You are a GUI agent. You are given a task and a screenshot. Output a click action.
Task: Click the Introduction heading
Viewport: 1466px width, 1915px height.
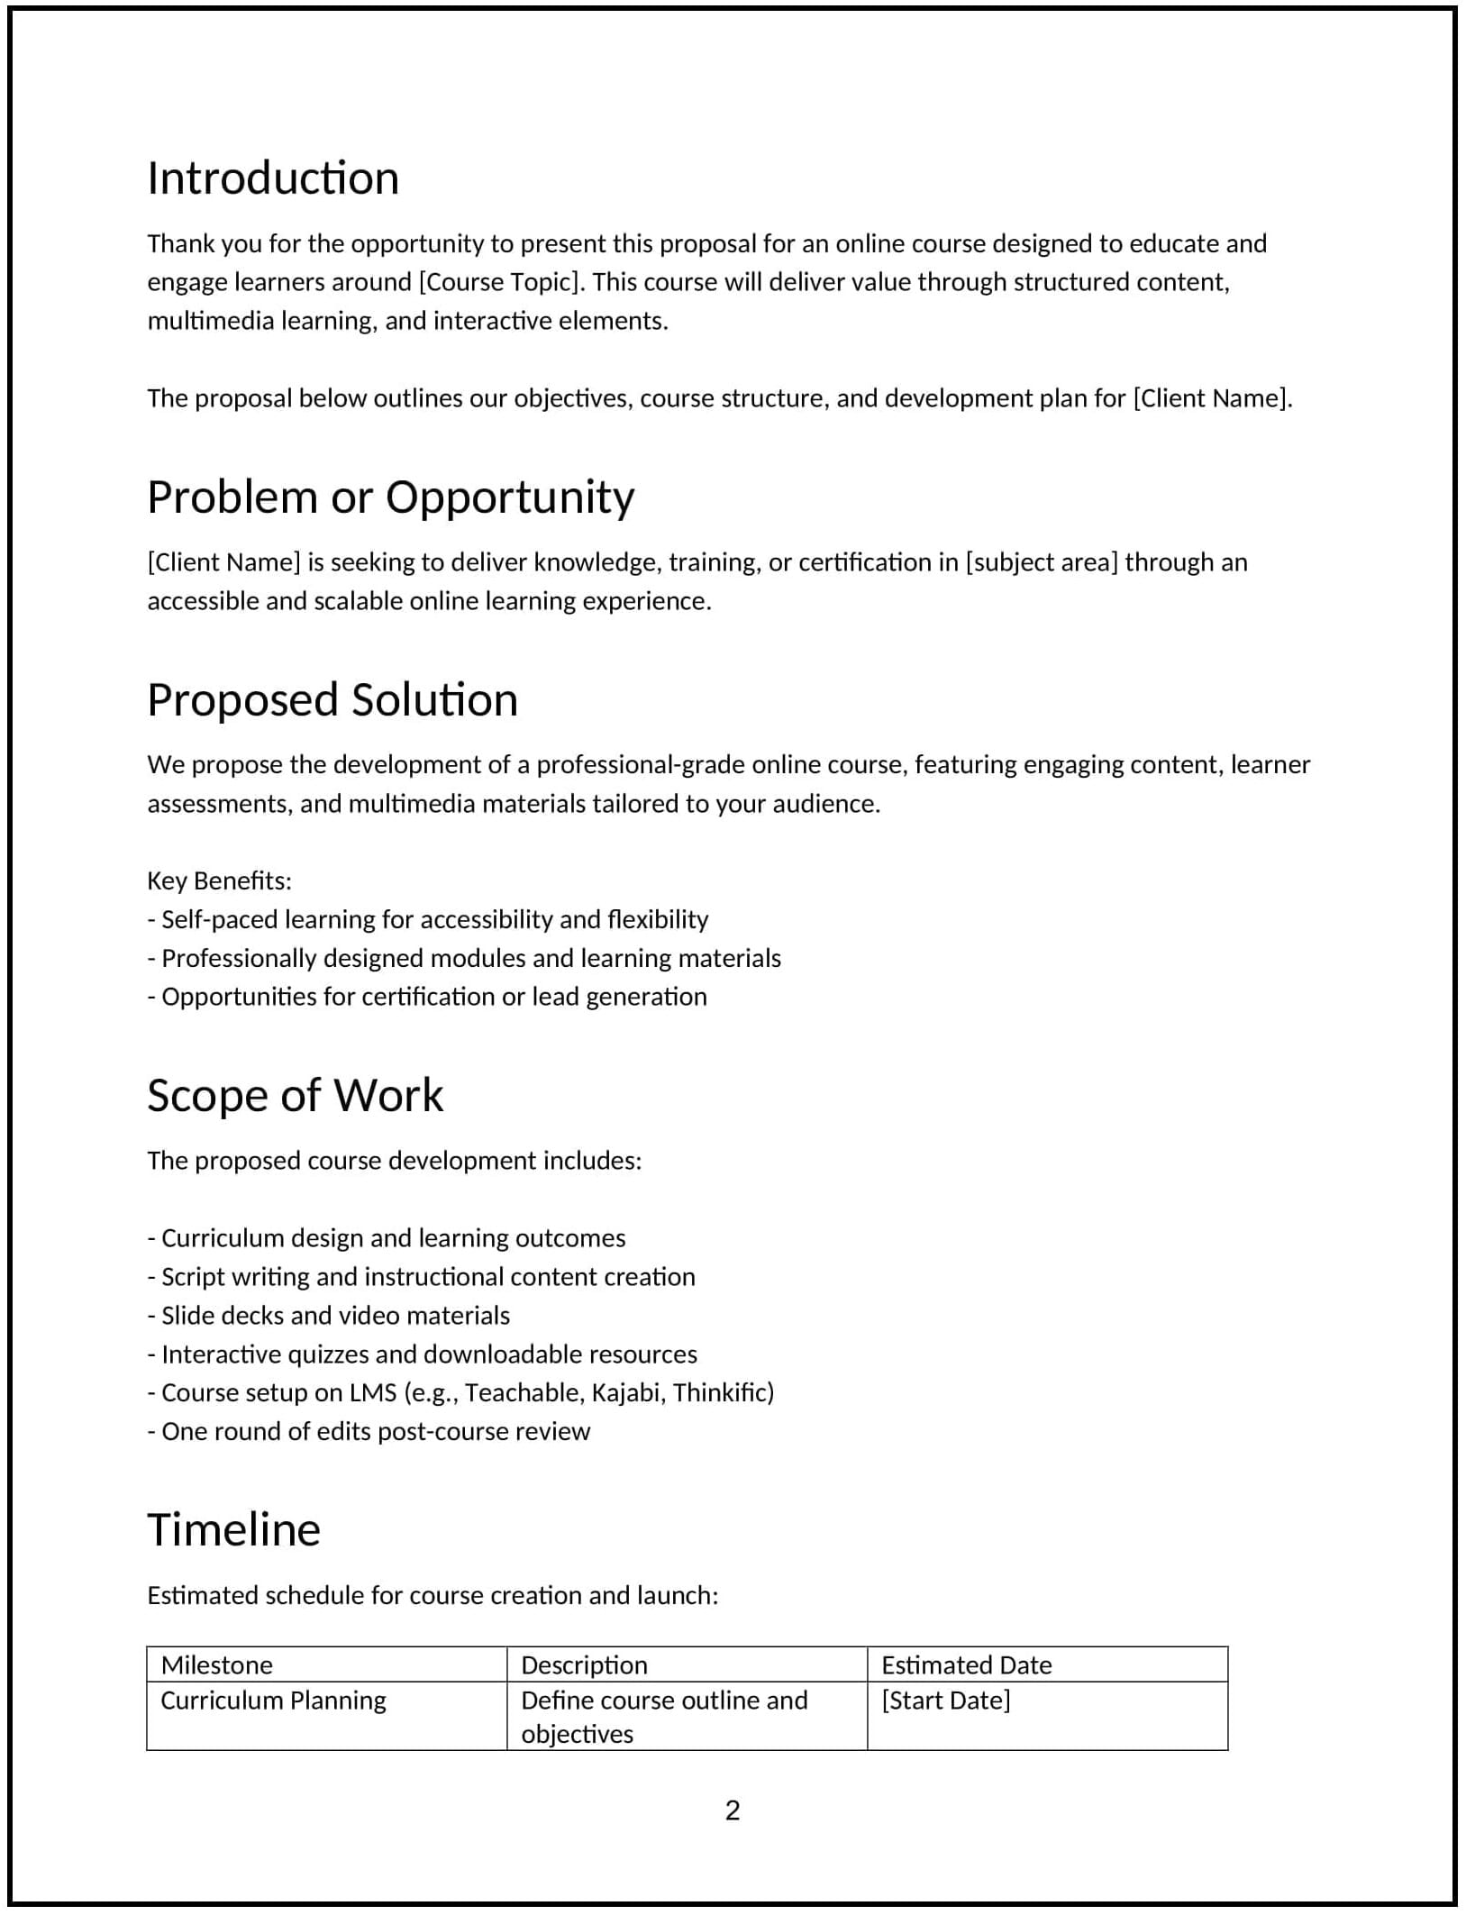(x=273, y=178)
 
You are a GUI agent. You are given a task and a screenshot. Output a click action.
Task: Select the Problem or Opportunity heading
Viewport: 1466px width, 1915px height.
(x=390, y=497)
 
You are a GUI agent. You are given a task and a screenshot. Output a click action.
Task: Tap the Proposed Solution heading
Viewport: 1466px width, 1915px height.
(x=332, y=700)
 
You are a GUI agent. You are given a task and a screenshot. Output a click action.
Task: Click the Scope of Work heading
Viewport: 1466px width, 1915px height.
(x=295, y=1096)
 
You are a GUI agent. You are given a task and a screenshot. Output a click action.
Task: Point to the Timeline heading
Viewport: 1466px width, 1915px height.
(x=233, y=1530)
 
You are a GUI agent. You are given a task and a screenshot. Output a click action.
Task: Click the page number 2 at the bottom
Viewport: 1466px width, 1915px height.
(x=732, y=1810)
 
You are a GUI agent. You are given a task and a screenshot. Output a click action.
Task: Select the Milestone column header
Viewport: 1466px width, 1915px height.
(x=216, y=1664)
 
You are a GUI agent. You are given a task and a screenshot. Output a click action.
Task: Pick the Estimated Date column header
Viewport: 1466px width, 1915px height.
(x=966, y=1664)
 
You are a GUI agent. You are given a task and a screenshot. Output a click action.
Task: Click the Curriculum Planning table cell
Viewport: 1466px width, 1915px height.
(x=273, y=1700)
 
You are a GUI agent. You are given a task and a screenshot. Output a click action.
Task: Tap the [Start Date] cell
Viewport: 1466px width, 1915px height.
(x=945, y=1700)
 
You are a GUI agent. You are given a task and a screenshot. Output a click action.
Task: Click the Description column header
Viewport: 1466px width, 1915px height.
(x=584, y=1664)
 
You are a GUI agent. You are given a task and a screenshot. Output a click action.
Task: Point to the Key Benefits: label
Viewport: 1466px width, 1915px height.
(x=219, y=880)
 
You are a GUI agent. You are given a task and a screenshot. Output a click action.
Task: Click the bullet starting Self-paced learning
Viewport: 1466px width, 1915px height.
(x=429, y=919)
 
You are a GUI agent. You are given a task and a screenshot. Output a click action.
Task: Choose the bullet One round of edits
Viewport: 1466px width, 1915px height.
(x=369, y=1431)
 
